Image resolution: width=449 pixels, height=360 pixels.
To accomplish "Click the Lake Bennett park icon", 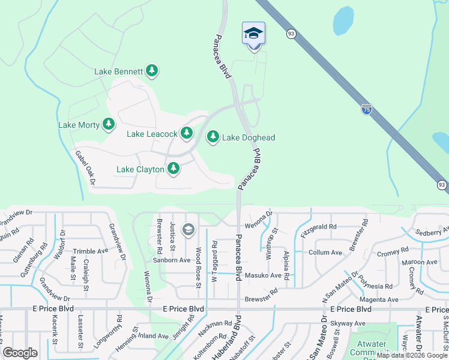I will [152, 71].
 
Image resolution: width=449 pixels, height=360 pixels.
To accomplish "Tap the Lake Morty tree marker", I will [108, 125].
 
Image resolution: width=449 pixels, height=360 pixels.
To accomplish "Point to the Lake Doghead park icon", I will [212, 137].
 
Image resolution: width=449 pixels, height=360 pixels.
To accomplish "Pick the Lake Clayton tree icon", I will [173, 169].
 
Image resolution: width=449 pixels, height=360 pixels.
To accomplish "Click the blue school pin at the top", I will [253, 33].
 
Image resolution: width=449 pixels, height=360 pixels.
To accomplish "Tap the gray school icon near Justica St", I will [188, 230].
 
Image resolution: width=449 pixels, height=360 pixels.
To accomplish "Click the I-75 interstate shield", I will [367, 109].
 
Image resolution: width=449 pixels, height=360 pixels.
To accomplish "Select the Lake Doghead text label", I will [249, 138].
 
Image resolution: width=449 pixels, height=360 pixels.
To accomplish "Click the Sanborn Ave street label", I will [171, 260].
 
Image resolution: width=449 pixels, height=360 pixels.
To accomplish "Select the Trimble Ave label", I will [90, 252].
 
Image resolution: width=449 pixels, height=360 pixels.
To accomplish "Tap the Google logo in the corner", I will [20, 353].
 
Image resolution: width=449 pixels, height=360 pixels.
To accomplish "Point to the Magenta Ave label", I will [379, 299].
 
